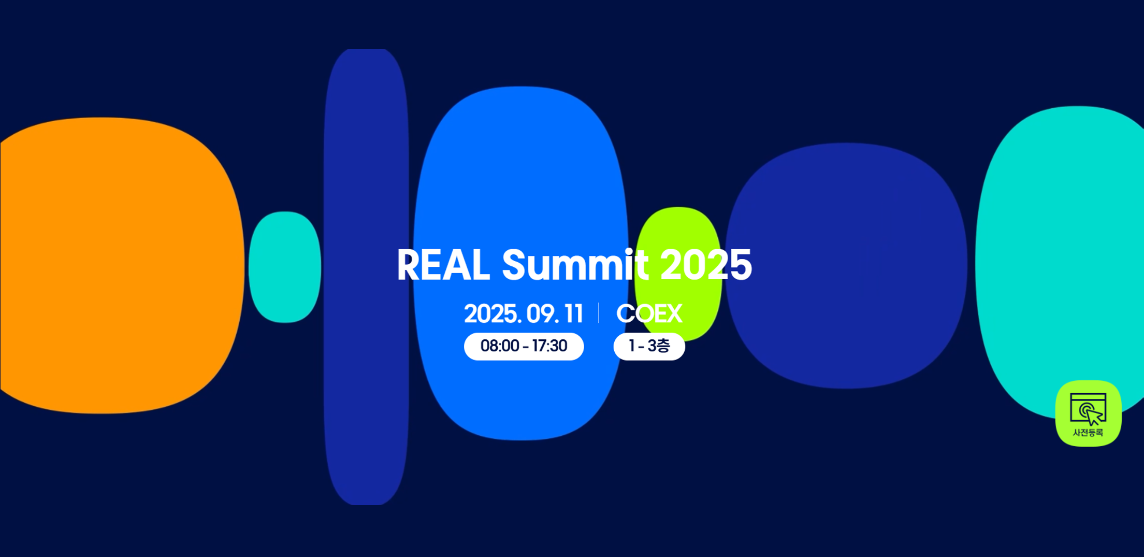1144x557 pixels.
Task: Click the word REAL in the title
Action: (x=443, y=265)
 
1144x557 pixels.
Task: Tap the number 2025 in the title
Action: (x=706, y=265)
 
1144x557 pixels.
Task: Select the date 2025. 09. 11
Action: (x=524, y=314)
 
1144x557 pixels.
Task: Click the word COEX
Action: (x=649, y=314)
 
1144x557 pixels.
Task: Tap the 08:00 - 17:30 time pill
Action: (x=524, y=346)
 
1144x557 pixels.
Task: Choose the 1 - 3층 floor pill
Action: (x=649, y=346)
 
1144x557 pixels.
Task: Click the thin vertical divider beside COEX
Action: (x=599, y=313)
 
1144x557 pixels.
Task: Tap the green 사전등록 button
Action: (x=1088, y=413)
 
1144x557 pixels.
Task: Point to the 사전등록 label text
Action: (x=1088, y=433)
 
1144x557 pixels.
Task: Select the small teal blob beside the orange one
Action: (x=285, y=267)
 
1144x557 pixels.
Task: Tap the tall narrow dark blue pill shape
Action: (x=366, y=277)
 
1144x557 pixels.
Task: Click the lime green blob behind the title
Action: (x=678, y=228)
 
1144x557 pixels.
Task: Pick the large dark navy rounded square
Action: (x=846, y=265)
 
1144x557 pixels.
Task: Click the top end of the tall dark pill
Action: (x=366, y=50)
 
